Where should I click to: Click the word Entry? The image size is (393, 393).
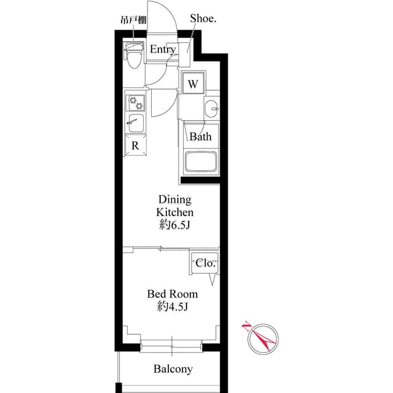(x=163, y=50)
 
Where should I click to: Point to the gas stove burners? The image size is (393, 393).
(x=136, y=101)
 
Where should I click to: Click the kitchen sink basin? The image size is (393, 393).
(x=136, y=123)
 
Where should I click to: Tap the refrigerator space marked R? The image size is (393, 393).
(x=135, y=146)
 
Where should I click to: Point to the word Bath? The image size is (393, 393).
(x=200, y=136)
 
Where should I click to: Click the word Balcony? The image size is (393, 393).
(x=173, y=369)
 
